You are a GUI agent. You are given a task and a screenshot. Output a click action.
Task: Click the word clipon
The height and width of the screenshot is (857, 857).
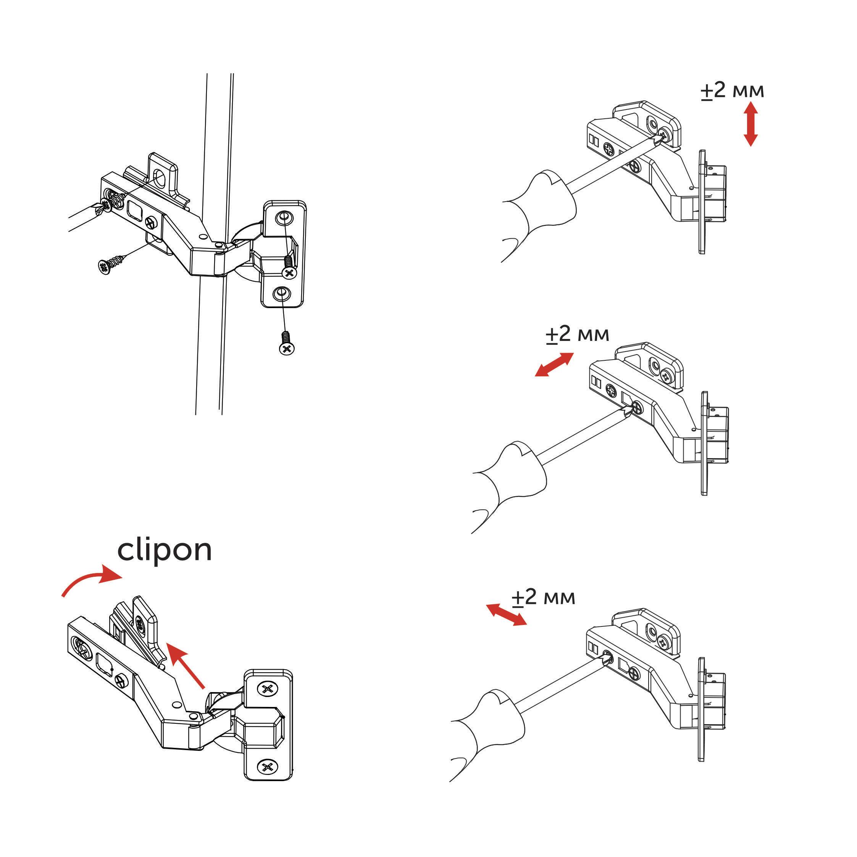164,551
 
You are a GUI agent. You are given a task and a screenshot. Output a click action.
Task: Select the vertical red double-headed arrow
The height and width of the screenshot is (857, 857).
750,124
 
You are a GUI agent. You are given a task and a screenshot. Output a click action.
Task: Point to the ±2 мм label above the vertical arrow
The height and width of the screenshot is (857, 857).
732,91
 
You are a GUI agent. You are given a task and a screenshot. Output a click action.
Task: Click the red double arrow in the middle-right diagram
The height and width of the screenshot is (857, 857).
554,364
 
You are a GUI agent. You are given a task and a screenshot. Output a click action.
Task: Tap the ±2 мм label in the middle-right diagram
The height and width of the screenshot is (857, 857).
577,334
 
